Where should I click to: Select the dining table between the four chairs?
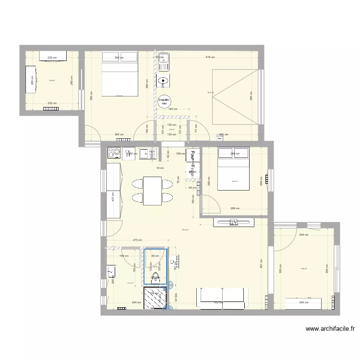point(152,191)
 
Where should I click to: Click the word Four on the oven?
point(192,156)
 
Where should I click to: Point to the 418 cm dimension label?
point(210,57)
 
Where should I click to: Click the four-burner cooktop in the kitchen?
point(115,153)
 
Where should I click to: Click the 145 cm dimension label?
point(173,108)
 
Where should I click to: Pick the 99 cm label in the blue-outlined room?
point(155,256)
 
